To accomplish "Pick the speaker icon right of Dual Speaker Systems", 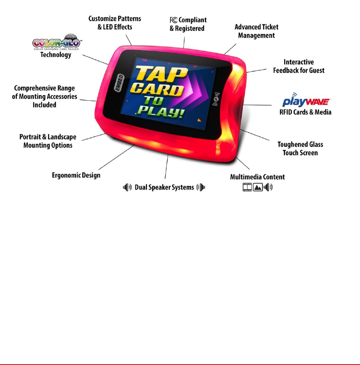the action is [201, 187].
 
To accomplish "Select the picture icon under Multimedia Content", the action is [258, 188].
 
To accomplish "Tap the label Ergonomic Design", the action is [76, 175].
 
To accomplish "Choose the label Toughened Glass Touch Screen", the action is [300, 149].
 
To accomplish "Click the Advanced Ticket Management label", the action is [256, 31].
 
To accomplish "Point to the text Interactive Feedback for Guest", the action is [298, 66].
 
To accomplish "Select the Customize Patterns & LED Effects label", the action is [115, 23].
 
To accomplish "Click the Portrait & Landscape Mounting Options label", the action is [48, 141].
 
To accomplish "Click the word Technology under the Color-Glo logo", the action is [56, 55].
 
